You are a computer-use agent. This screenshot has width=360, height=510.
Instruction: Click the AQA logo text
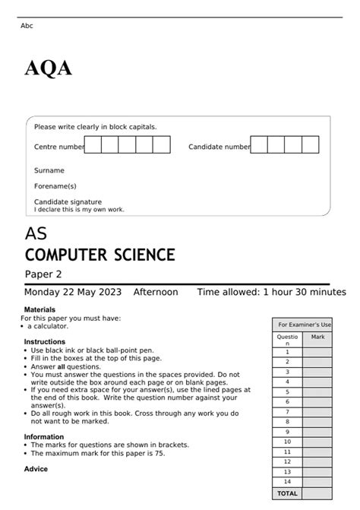point(48,69)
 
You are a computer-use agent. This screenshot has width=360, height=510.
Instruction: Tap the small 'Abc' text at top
point(27,26)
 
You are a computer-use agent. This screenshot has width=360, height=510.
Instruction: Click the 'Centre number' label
point(58,147)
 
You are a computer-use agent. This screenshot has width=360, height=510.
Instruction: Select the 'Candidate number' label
point(219,147)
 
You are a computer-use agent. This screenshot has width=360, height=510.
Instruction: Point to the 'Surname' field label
point(49,171)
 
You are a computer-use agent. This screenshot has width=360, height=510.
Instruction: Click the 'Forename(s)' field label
point(55,186)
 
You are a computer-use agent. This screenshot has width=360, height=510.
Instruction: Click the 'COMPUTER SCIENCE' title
point(99,255)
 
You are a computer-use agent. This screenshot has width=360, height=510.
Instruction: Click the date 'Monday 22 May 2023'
point(74,292)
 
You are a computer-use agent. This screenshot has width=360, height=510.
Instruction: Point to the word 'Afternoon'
point(156,292)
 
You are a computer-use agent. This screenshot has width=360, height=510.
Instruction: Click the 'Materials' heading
point(39,310)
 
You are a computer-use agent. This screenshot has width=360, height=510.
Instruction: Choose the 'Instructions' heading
point(44,342)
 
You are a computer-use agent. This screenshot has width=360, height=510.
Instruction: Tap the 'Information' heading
point(44,437)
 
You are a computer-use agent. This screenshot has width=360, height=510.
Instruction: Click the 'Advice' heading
point(36,469)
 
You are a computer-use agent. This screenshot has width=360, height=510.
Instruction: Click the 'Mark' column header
point(317,336)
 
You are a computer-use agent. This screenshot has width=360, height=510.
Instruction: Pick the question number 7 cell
point(287,411)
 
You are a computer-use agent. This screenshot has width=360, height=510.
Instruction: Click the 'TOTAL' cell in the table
point(287,493)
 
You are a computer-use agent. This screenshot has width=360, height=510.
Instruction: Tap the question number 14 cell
point(287,481)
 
